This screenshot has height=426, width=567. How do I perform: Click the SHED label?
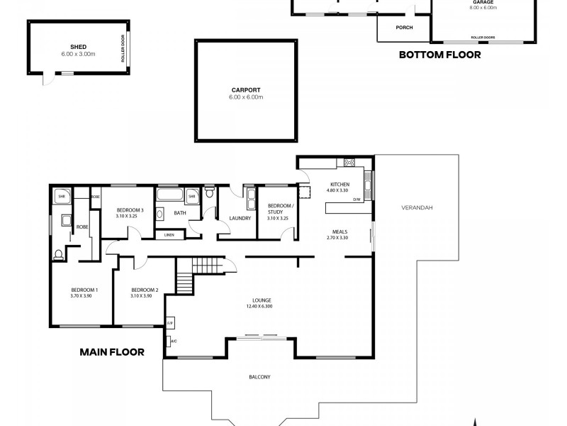68,48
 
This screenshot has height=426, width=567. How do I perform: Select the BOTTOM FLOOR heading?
439,55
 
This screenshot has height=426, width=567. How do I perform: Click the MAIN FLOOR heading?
112,351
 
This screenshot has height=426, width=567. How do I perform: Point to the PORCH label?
404,28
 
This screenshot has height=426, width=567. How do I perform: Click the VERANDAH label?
417,207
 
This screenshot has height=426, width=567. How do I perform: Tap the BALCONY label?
260,377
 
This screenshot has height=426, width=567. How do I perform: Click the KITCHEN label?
338,184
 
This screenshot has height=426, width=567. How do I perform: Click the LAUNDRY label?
240,218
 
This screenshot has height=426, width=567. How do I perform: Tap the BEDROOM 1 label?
84,290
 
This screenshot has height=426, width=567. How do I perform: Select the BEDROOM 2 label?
145,290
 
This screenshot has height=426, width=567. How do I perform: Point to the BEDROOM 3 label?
130,210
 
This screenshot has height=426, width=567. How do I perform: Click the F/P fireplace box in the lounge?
170,323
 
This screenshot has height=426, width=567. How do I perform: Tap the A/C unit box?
171,342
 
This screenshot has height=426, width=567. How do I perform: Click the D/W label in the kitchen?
357,200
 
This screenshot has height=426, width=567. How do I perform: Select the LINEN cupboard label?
169,234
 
